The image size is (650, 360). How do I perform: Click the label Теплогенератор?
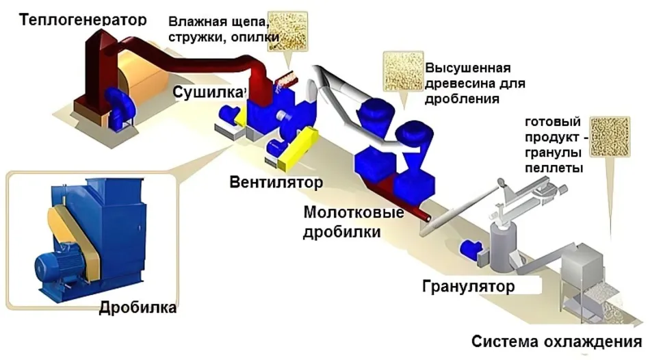pos(83,19)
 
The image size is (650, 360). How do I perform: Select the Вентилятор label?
pos(276,183)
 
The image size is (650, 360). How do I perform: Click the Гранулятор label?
pos(468,285)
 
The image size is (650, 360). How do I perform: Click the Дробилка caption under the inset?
pos(138,307)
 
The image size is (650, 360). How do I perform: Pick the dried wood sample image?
pos(402,70)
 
